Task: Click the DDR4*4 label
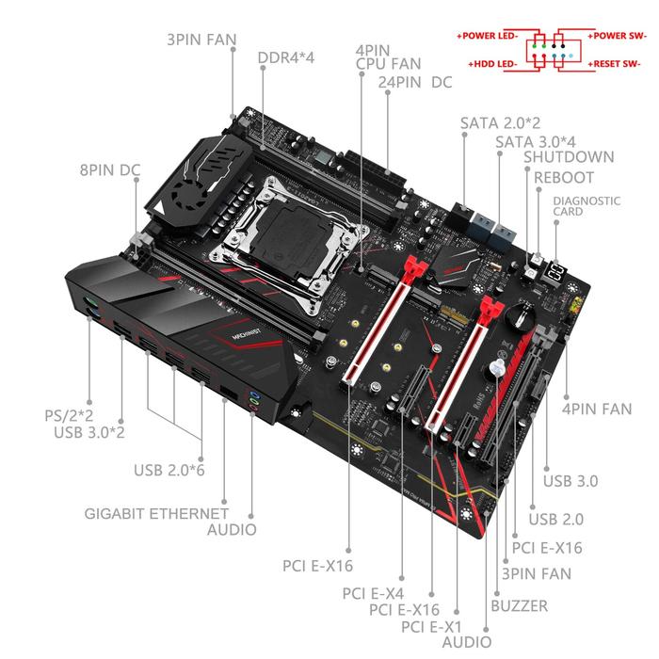[285, 56]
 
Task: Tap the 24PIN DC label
[415, 82]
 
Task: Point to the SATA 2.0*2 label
[500, 122]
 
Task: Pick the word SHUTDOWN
[569, 157]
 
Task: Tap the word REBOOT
[564, 177]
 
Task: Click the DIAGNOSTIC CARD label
[587, 205]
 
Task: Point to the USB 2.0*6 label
[169, 468]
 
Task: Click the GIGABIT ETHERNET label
[156, 513]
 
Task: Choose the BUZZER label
[519, 606]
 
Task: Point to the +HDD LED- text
[494, 64]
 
